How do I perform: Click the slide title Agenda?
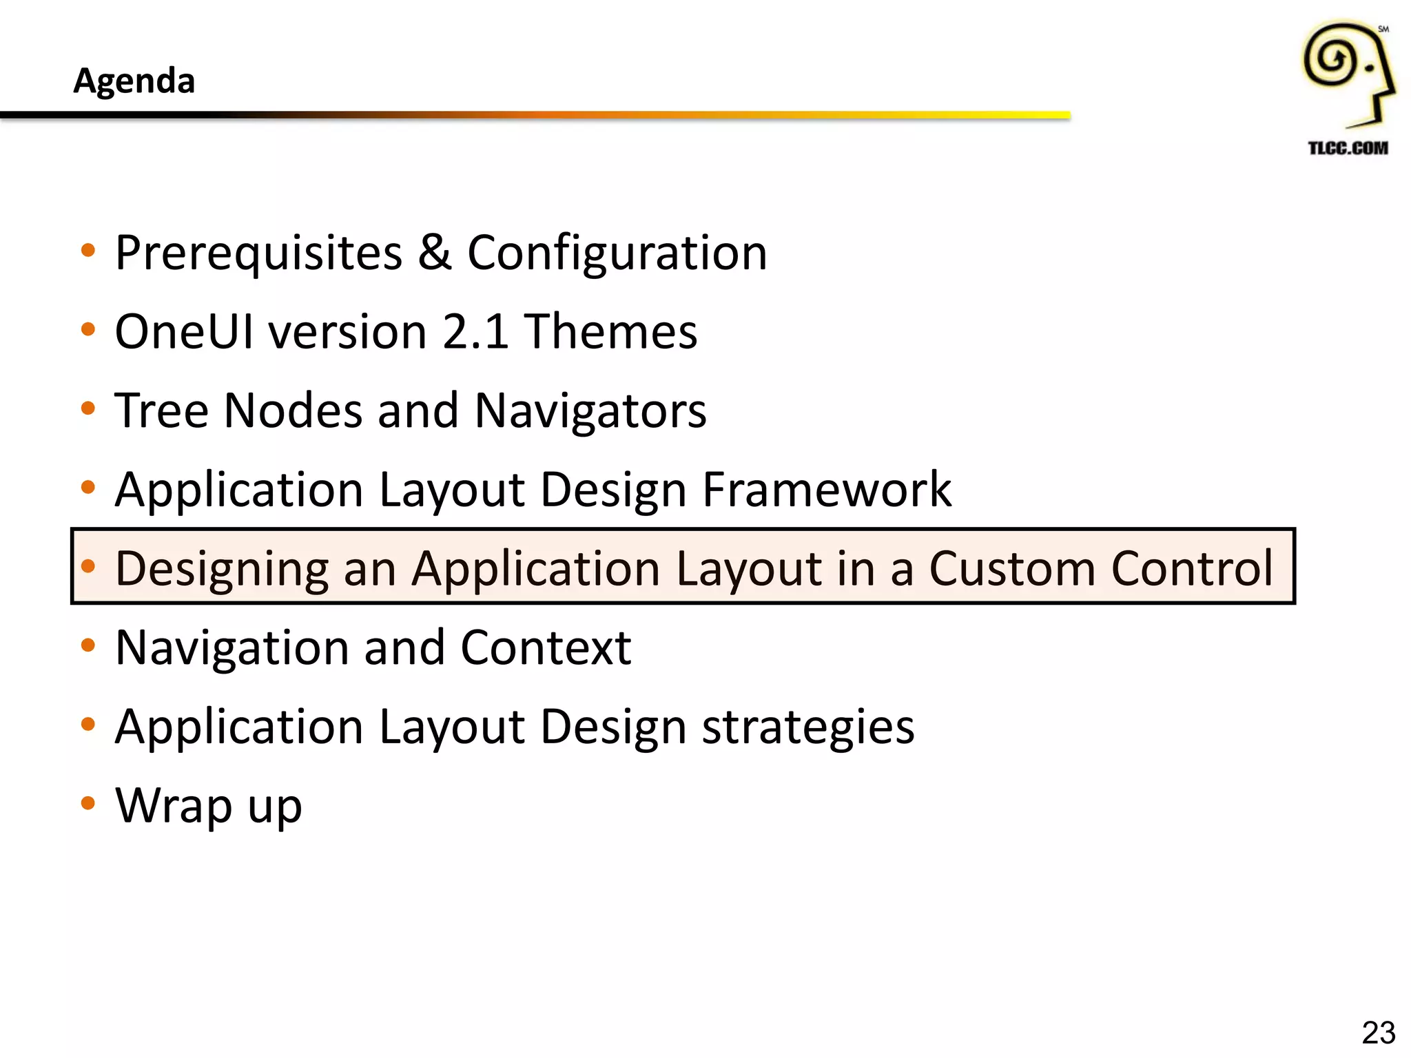point(134,81)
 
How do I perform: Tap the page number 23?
point(1378,1033)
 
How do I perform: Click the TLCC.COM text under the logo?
point(1348,148)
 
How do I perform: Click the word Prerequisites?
point(258,253)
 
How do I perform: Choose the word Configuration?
point(617,253)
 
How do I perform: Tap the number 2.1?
point(475,332)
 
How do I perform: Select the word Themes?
point(610,332)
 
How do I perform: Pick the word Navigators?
point(590,411)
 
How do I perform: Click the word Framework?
point(827,490)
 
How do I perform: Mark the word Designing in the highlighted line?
point(221,570)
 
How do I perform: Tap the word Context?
point(546,648)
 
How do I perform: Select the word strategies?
point(808,728)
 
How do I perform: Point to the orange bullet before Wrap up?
point(87,803)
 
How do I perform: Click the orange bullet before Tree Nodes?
point(87,408)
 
